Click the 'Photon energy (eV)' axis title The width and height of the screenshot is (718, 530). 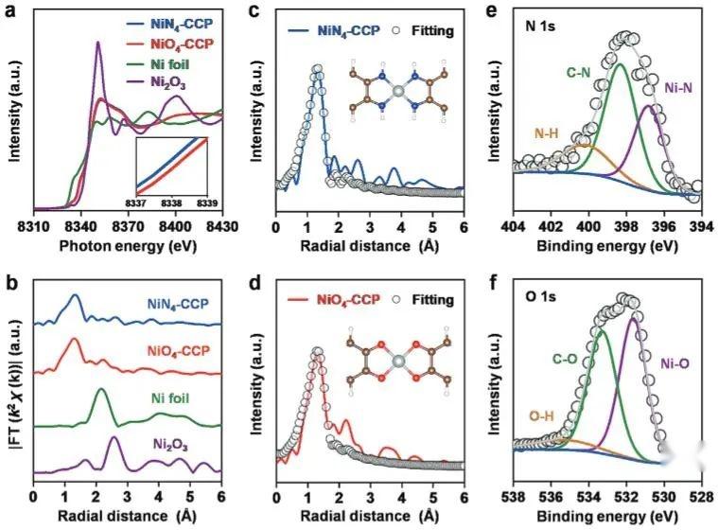(127, 243)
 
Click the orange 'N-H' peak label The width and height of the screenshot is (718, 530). (546, 134)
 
